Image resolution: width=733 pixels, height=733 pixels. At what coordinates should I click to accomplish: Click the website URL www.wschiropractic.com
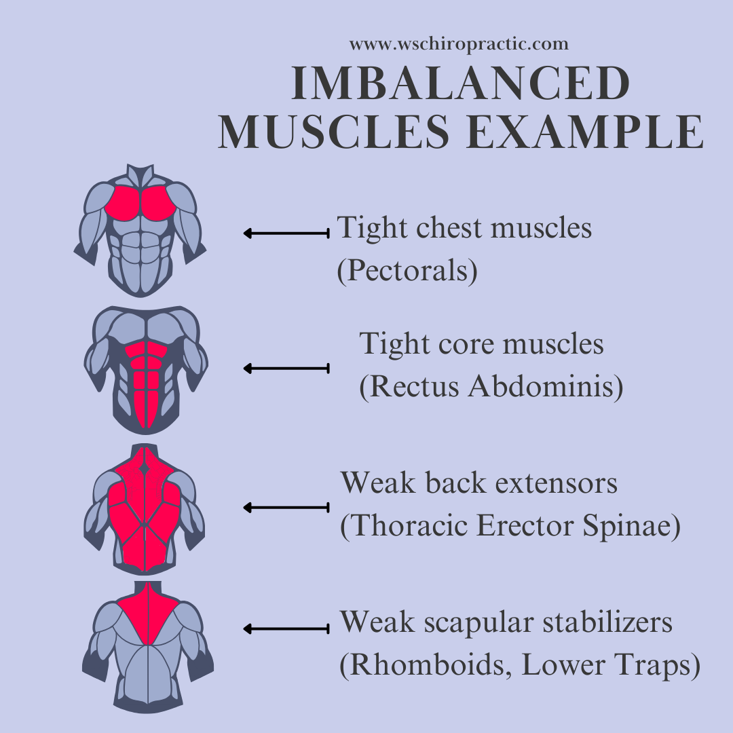point(459,45)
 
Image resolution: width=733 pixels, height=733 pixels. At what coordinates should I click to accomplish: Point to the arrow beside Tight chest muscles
point(286,233)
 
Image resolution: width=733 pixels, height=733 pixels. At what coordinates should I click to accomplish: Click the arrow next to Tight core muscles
point(286,369)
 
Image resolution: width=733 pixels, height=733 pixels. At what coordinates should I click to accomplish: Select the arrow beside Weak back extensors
point(286,507)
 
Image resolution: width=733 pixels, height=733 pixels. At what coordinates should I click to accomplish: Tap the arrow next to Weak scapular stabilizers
point(286,629)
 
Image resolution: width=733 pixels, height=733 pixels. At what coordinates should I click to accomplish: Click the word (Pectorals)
point(407,271)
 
